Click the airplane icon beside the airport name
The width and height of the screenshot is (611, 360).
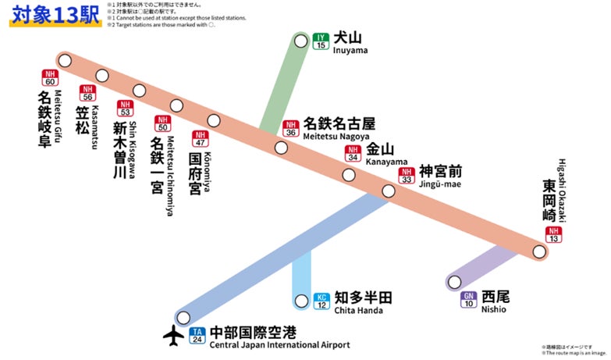(172, 335)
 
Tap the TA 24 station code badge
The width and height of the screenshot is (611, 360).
(198, 336)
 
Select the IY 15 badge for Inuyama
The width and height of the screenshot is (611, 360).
(321, 41)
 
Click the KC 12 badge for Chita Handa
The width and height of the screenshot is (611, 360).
(321, 301)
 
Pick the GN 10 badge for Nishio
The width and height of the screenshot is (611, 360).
(469, 300)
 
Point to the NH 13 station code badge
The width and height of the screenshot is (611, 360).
(554, 235)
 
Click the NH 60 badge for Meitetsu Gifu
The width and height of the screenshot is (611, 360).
(51, 78)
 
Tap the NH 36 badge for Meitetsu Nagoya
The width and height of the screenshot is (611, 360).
(291, 129)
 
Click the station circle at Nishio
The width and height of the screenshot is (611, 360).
(454, 282)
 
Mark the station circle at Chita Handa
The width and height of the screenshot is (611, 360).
(302, 301)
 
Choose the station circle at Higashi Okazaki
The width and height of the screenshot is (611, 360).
(538, 251)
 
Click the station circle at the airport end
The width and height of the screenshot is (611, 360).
(183, 317)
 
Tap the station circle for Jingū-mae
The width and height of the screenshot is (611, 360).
(389, 191)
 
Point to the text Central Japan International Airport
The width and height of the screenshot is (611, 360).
(280, 345)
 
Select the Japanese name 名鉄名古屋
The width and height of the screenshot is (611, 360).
(339, 123)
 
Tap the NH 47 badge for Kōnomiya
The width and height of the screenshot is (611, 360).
(201, 139)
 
